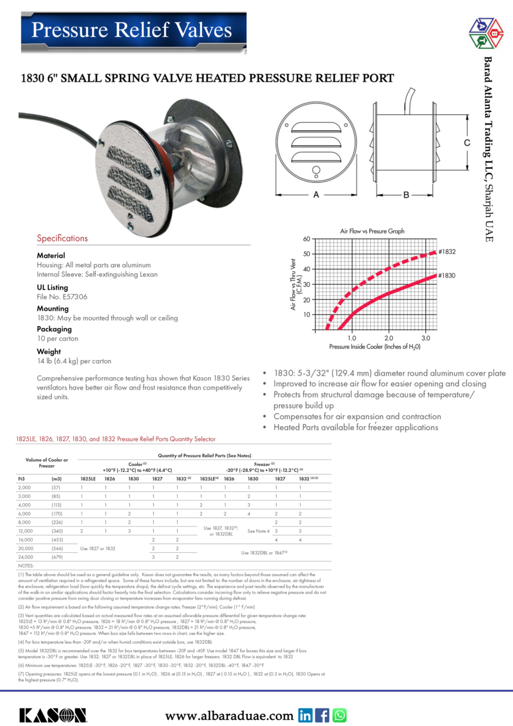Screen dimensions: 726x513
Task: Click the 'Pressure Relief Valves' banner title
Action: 131,30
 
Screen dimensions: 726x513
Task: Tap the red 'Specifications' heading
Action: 62,238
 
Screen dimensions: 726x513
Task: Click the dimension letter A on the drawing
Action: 316,195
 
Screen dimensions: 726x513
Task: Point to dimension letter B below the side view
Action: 406,195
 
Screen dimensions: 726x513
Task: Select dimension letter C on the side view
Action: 467,143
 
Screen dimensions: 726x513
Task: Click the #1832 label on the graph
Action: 447,251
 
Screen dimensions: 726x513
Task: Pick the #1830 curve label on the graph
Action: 447,275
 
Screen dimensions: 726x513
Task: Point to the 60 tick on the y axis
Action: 307,239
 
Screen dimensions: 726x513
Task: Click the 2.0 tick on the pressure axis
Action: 389,338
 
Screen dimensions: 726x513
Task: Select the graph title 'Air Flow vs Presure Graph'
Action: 372,231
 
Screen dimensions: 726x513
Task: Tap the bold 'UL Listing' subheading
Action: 53,287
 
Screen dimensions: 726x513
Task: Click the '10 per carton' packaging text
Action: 57,339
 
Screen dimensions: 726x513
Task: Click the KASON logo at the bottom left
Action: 53,715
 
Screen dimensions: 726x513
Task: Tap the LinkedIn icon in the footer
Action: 306,715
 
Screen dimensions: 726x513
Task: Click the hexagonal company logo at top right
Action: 487,33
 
